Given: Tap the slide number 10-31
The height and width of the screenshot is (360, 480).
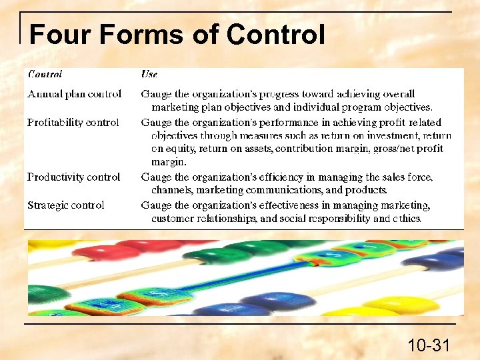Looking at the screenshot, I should point(429,345).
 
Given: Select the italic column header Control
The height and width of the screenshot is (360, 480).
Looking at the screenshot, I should point(45,75).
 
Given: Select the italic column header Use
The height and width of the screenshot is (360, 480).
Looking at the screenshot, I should point(149,75).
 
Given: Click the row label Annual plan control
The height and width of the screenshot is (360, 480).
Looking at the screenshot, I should point(74,94).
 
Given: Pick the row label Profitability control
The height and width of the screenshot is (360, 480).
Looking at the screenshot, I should point(73,123).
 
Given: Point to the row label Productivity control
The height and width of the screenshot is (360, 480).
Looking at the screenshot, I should point(73,177).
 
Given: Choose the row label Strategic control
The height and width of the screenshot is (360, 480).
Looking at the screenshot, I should point(65,205).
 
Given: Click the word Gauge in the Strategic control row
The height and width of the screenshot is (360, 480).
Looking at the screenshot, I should point(156,205).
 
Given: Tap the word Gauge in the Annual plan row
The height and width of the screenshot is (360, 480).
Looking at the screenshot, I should point(156,94).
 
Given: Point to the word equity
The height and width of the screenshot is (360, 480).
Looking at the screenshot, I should point(180,149).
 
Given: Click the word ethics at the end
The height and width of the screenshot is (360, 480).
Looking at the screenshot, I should point(406,219).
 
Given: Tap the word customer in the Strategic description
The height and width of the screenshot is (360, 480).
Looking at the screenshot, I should point(173,219).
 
